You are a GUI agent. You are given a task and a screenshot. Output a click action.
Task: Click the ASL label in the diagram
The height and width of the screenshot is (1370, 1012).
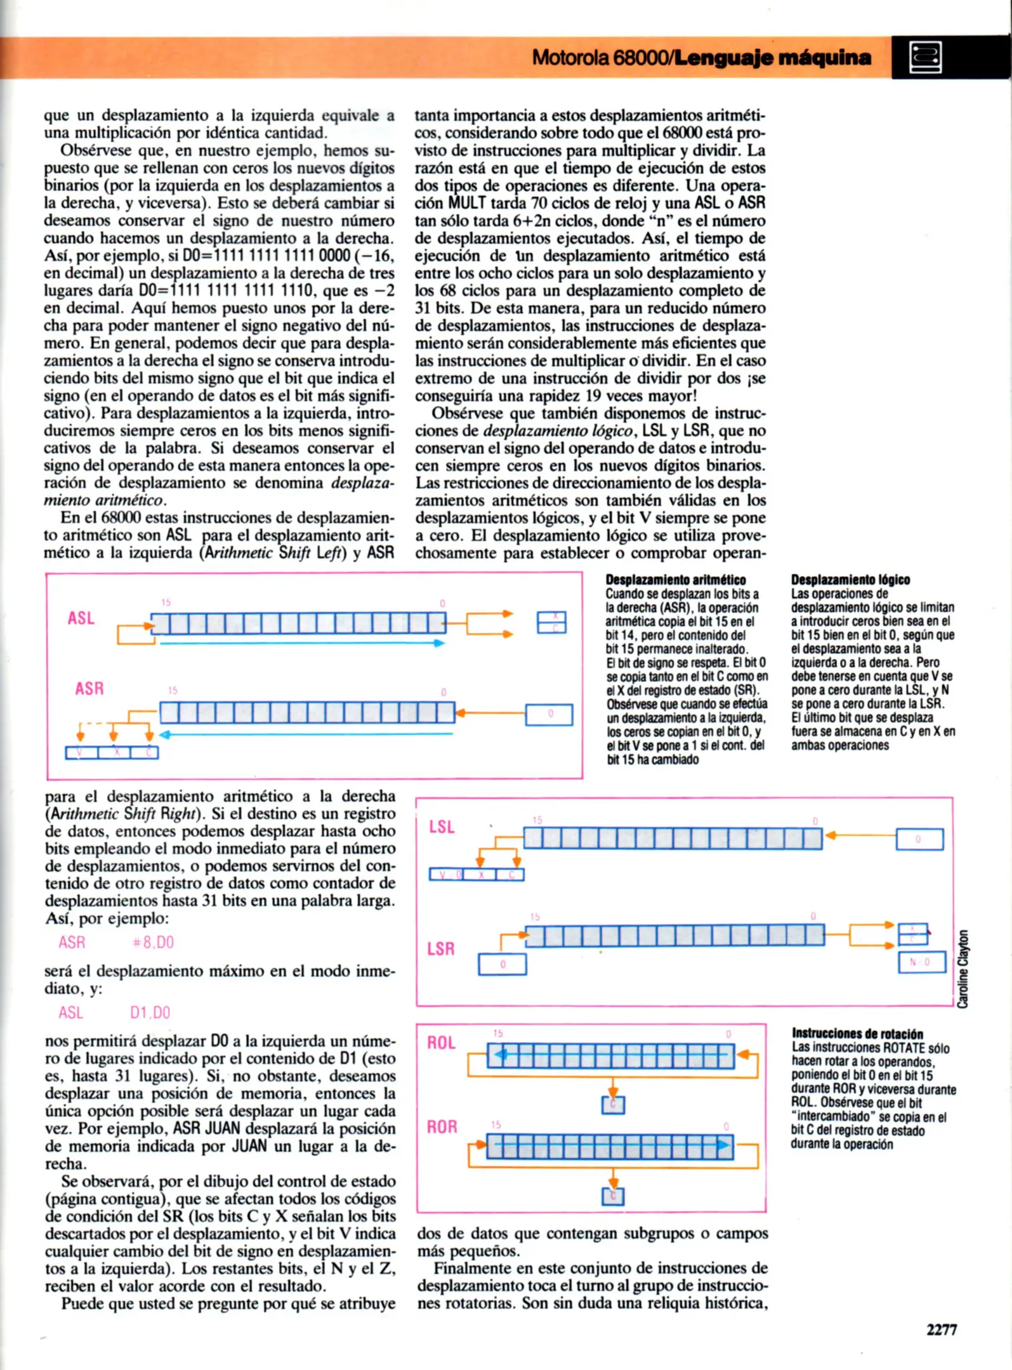coord(81,618)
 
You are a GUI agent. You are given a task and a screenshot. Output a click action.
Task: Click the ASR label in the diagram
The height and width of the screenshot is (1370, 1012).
coord(89,688)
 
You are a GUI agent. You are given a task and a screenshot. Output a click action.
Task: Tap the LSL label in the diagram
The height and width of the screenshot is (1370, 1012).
coord(442,827)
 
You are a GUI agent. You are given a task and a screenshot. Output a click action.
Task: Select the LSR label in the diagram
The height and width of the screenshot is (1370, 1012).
coord(440,949)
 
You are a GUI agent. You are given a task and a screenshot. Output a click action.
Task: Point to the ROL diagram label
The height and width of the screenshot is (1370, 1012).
coord(441,1043)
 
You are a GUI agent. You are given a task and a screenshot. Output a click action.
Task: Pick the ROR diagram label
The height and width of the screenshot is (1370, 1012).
coord(442,1127)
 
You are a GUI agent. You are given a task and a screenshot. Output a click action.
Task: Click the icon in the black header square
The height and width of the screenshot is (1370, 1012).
coord(926,58)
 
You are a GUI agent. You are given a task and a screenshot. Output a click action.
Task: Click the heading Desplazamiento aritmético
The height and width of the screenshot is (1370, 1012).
coord(675,580)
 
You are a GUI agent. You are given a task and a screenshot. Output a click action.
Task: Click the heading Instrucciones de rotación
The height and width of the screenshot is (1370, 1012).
coord(857,1034)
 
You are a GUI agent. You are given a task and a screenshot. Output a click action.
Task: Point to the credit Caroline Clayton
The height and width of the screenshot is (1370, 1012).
coord(963,969)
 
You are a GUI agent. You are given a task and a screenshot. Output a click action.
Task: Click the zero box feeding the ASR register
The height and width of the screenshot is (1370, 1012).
coord(549,714)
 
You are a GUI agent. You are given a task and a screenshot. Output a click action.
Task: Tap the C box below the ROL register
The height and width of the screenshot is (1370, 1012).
coord(613,1105)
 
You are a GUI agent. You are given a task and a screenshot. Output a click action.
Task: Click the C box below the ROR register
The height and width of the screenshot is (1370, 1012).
coord(613,1196)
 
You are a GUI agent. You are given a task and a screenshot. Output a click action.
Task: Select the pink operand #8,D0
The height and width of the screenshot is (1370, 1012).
coord(153,943)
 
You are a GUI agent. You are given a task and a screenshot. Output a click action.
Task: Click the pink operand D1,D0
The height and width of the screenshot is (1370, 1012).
coord(150,1012)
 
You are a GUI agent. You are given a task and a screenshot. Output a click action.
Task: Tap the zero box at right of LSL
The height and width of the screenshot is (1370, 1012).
coord(919,839)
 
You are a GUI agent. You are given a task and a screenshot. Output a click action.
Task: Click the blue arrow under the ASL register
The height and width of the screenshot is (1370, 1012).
coord(301,643)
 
